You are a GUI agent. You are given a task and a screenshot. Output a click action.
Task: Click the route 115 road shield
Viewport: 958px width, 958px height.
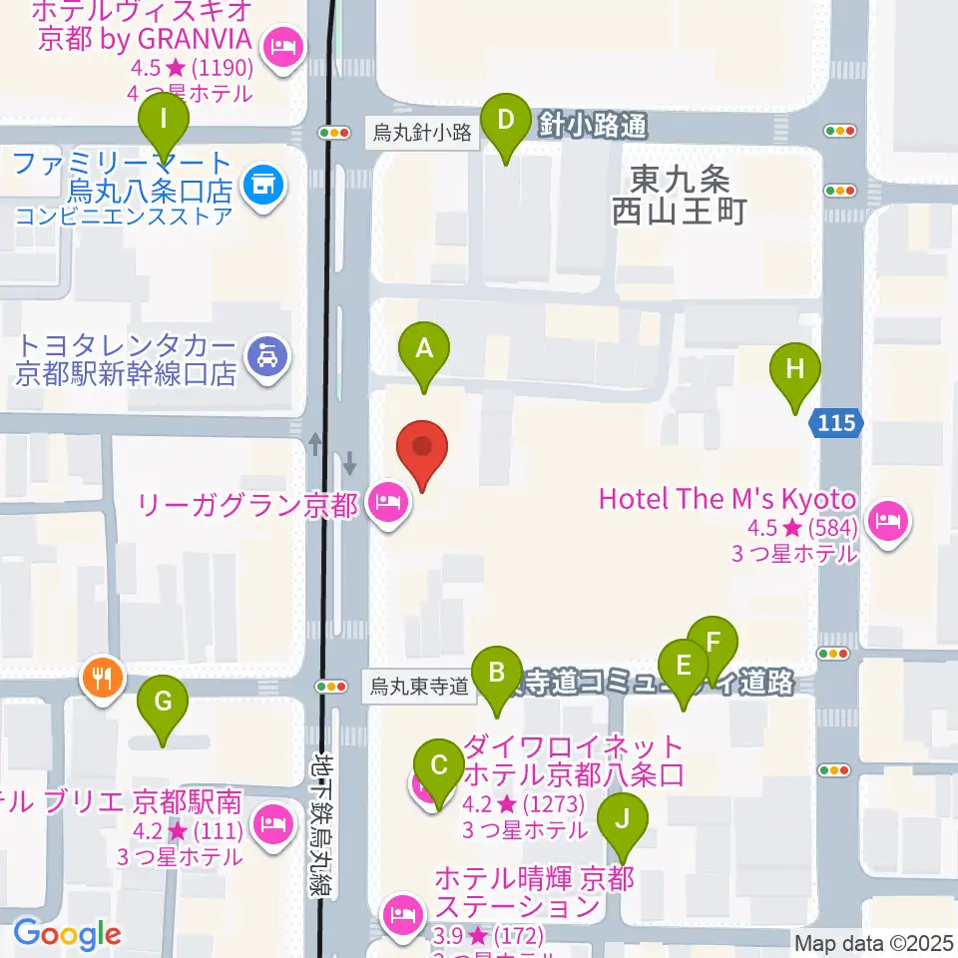coord(834,423)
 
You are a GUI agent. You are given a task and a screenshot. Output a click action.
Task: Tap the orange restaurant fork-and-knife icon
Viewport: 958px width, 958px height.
coord(102,679)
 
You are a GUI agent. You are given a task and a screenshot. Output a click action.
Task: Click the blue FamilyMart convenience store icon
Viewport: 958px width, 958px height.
coord(264,185)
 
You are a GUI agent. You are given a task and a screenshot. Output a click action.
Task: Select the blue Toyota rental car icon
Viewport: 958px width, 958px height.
coord(266,354)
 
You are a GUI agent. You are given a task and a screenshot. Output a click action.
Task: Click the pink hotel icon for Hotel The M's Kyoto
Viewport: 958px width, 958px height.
coord(884,519)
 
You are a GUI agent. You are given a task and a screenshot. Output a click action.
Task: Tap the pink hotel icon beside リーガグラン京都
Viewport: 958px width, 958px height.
coord(387,502)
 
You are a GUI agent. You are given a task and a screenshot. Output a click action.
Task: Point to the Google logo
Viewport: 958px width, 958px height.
coord(68,934)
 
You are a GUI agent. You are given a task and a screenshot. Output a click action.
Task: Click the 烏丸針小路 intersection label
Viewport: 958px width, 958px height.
coord(421,133)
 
